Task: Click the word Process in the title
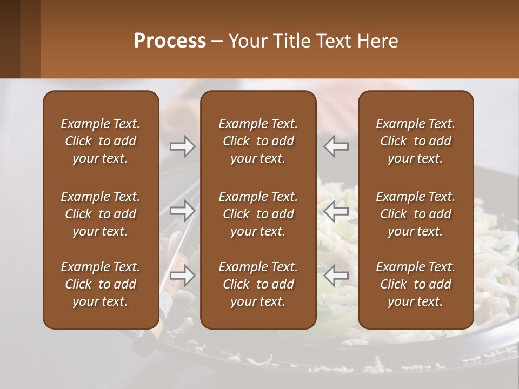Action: (x=170, y=41)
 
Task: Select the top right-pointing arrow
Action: (x=183, y=146)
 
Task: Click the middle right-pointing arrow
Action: (x=183, y=211)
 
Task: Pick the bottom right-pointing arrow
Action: (x=183, y=276)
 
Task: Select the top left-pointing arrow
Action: (x=336, y=146)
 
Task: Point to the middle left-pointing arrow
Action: (x=336, y=211)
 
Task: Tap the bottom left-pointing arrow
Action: (x=336, y=276)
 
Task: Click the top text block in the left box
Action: (x=101, y=141)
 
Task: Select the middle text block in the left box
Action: (x=101, y=214)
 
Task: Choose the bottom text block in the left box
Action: (x=101, y=284)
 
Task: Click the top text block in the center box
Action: (x=258, y=141)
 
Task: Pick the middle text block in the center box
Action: (x=258, y=214)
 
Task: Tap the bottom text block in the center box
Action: (x=258, y=284)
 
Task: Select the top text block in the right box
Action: (x=415, y=141)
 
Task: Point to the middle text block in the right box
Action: (x=415, y=214)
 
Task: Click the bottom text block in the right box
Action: (x=415, y=284)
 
